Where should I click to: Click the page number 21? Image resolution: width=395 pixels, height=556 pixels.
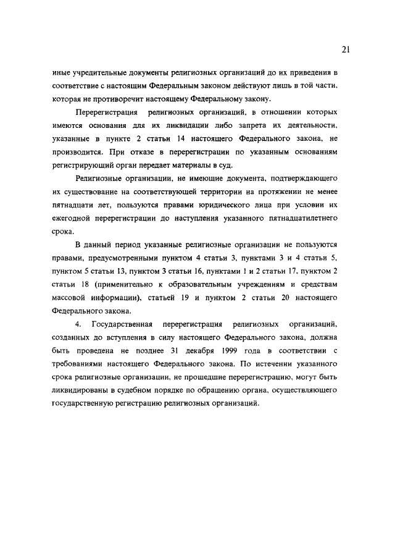tap(346, 49)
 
